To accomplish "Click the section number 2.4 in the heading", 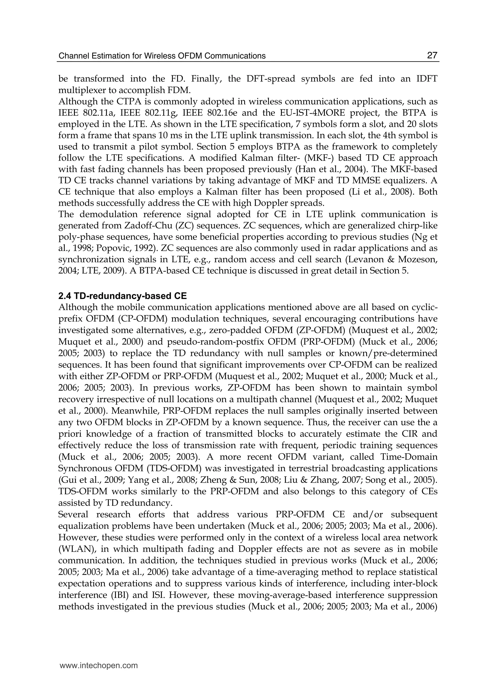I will pos(65,296).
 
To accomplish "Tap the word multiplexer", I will pos(78,90).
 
